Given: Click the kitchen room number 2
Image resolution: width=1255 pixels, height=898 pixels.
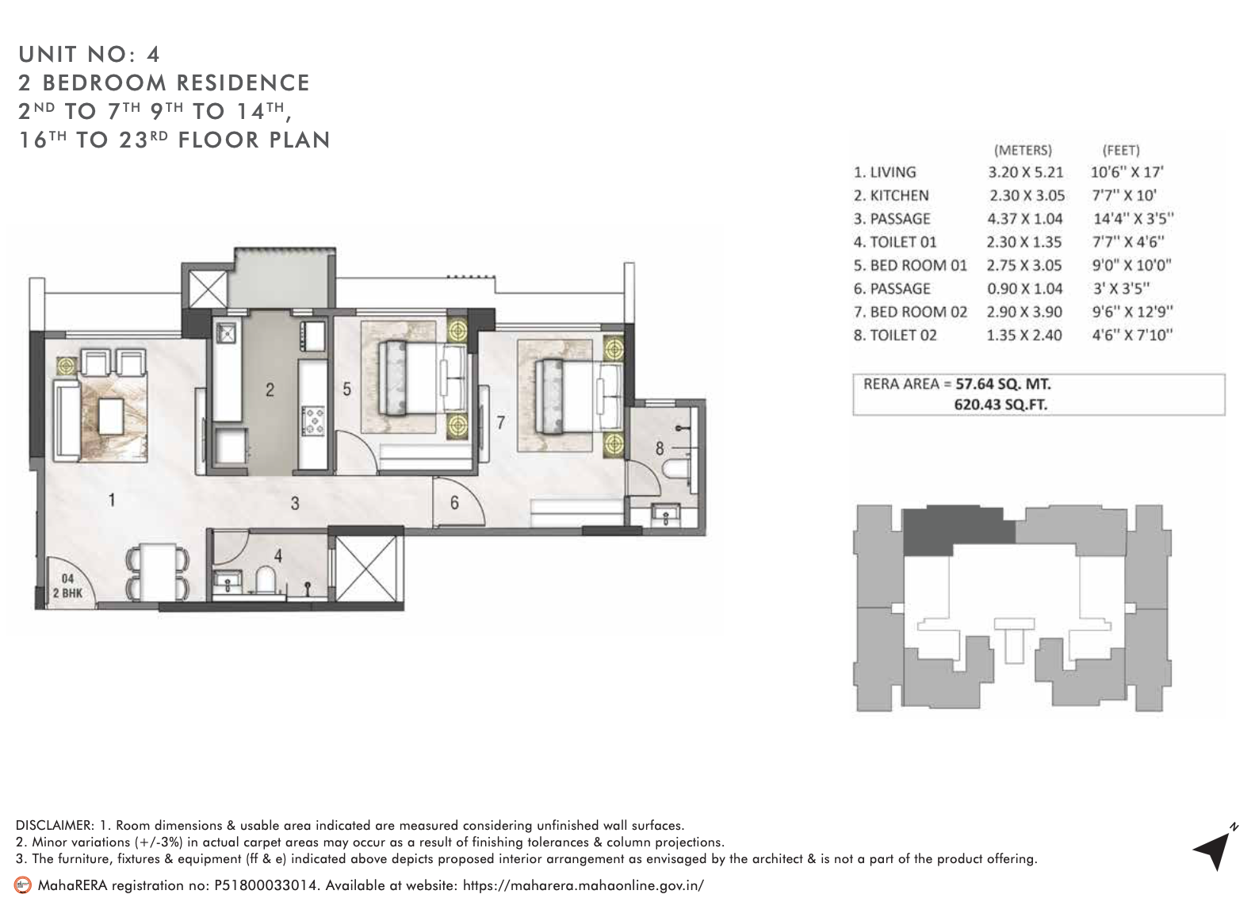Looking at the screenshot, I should pyautogui.click(x=270, y=390).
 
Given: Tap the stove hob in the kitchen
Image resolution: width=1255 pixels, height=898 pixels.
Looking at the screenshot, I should pyautogui.click(x=313, y=420).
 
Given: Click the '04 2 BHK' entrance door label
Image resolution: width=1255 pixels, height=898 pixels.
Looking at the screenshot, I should pyautogui.click(x=67, y=585).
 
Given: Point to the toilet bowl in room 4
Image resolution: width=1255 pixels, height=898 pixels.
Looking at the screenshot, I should pyautogui.click(x=266, y=578).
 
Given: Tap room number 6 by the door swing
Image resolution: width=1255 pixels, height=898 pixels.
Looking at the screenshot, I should pyautogui.click(x=454, y=503).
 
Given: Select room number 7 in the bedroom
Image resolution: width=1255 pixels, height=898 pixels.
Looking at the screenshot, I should pyautogui.click(x=500, y=422).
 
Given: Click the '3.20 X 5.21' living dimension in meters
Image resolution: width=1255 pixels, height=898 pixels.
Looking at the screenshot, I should pyautogui.click(x=1025, y=172).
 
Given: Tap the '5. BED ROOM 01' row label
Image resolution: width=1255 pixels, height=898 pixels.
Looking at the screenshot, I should pyautogui.click(x=910, y=266).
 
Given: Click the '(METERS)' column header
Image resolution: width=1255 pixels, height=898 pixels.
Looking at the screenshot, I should pyautogui.click(x=1023, y=150).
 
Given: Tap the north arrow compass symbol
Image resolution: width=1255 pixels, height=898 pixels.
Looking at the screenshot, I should pyautogui.click(x=1214, y=850).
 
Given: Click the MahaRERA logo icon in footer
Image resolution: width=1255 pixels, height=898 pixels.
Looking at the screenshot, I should pyautogui.click(x=24, y=885).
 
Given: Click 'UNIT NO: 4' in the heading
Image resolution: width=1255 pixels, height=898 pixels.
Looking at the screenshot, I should pyautogui.click(x=90, y=54).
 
